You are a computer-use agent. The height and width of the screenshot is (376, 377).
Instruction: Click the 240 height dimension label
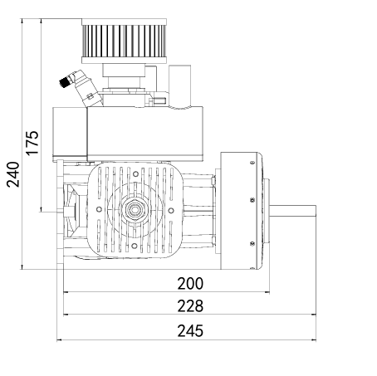[x=13, y=174]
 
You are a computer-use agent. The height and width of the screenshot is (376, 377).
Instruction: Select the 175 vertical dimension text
[x=32, y=143]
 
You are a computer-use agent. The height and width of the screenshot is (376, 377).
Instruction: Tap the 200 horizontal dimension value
[x=190, y=284]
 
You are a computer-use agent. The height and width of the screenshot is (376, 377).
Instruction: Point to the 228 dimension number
[x=190, y=306]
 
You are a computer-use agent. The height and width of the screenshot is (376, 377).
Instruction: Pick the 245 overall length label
[x=190, y=331]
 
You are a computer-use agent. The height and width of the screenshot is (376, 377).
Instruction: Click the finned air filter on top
[x=125, y=41]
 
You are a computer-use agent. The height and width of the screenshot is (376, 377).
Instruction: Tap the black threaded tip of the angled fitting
[x=64, y=82]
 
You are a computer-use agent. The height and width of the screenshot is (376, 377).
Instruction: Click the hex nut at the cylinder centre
[x=135, y=210]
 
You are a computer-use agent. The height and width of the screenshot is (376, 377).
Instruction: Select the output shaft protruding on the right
[x=293, y=212]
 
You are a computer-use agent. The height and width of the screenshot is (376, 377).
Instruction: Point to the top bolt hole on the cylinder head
[x=135, y=174]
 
